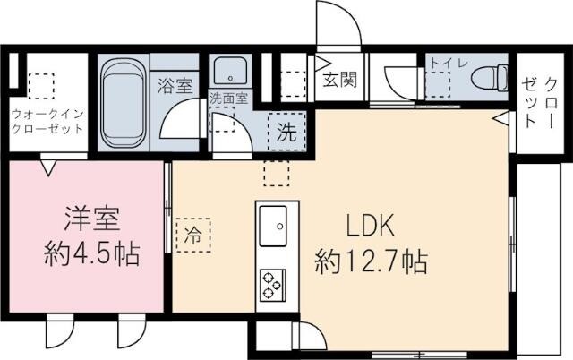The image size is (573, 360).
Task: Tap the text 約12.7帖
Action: pos(370,261)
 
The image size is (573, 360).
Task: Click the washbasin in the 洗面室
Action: pos(228,72)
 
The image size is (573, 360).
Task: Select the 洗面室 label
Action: pos(228,99)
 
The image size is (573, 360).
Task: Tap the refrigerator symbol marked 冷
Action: pos(193,236)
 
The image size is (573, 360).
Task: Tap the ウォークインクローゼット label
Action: pos(47,121)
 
